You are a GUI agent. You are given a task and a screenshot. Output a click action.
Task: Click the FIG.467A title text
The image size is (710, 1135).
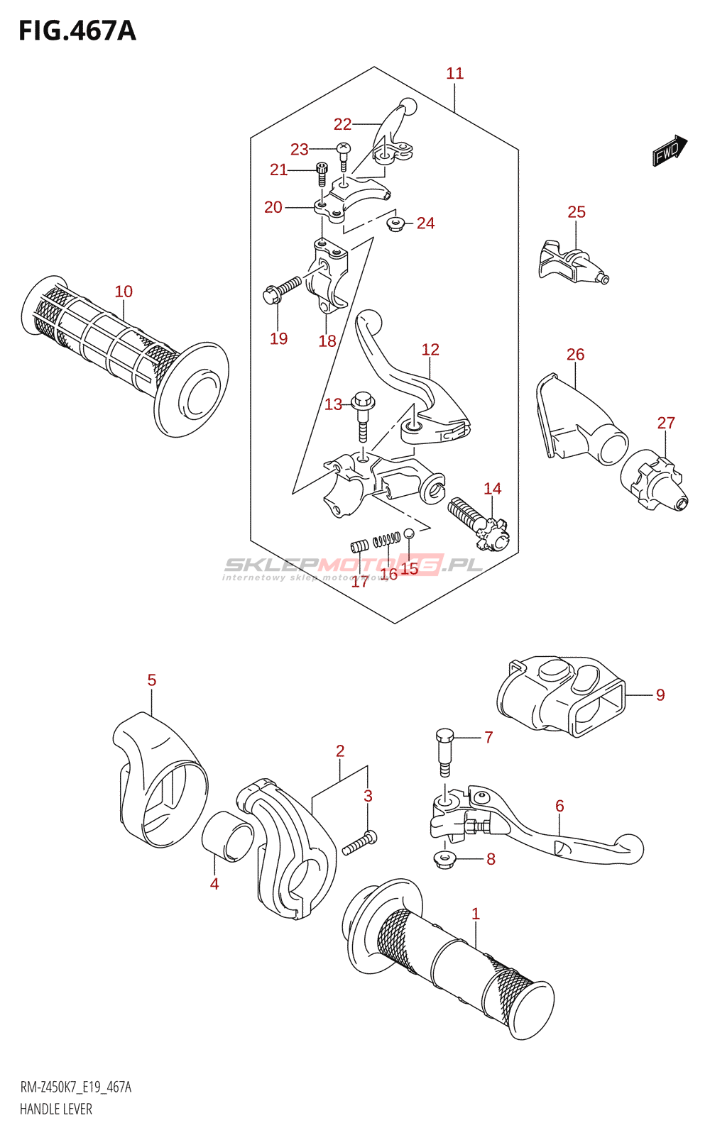[77, 31]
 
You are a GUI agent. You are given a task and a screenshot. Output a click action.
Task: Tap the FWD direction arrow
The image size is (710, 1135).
[670, 150]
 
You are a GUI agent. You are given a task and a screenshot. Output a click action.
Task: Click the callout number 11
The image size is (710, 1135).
[454, 73]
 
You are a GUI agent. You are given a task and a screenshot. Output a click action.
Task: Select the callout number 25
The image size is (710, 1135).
[577, 212]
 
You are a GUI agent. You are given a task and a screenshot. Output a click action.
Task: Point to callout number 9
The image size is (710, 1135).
[660, 695]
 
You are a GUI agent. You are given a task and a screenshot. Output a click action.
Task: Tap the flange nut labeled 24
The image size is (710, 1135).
[395, 224]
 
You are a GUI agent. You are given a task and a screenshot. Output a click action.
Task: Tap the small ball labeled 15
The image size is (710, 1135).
[409, 533]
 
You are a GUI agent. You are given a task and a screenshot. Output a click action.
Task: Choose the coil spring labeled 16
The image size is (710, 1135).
[386, 540]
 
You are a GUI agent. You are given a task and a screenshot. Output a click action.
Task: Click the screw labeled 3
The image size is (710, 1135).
[360, 843]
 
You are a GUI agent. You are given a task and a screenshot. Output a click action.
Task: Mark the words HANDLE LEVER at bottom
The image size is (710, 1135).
[56, 1109]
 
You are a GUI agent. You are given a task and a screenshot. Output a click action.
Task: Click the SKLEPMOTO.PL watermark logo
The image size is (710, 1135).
[353, 566]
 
